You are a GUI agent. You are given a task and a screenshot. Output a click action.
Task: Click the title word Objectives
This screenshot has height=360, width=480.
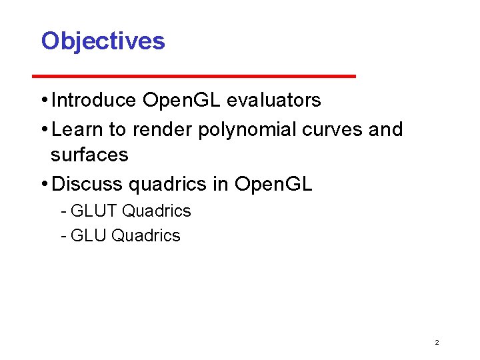pos(103,41)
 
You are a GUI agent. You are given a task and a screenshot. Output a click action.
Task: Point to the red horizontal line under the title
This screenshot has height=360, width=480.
pos(199,76)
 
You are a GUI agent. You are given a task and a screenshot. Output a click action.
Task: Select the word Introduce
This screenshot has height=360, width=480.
pos(94,101)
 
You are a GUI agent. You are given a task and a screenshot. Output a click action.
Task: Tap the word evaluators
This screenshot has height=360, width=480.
pos(274,101)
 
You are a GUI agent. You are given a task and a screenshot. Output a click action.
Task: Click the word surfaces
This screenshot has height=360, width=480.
pos(89,155)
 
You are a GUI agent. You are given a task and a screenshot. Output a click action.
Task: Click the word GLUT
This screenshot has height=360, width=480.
pos(94,211)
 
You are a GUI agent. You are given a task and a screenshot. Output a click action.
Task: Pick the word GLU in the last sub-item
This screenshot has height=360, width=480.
pos(89,235)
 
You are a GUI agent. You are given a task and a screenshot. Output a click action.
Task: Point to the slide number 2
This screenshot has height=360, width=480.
pos(437,342)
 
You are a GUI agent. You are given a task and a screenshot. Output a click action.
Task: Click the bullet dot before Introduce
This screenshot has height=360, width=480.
pos(44,101)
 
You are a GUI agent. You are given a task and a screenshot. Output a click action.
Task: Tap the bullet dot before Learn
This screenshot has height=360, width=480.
pos(44,129)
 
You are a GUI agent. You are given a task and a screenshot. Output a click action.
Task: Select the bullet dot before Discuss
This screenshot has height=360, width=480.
pos(44,183)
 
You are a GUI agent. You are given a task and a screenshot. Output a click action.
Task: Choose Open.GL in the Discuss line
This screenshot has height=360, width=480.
pos(273,183)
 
